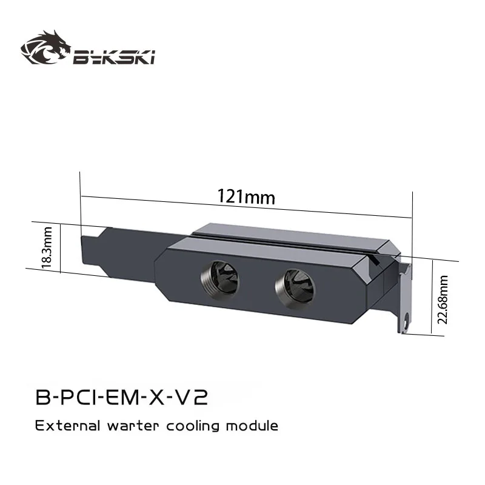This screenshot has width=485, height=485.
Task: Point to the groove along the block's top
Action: click(285, 239)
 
